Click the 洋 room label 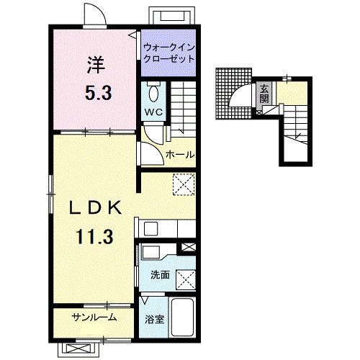coord(96,65)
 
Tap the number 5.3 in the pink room coord(99,93)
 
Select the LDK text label coord(95,208)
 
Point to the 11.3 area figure coord(94,236)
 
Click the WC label coord(153,112)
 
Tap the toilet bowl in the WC coord(153,94)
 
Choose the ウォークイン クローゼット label coord(168,53)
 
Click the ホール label coord(180,154)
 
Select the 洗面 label coord(160,275)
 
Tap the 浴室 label coord(154,320)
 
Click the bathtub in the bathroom coord(183,317)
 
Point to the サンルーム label coord(94,318)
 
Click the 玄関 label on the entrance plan coord(264,94)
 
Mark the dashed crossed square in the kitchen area coord(184,184)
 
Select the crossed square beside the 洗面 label coord(186,279)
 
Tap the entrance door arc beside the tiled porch coord(240,94)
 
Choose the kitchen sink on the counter coord(150,229)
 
